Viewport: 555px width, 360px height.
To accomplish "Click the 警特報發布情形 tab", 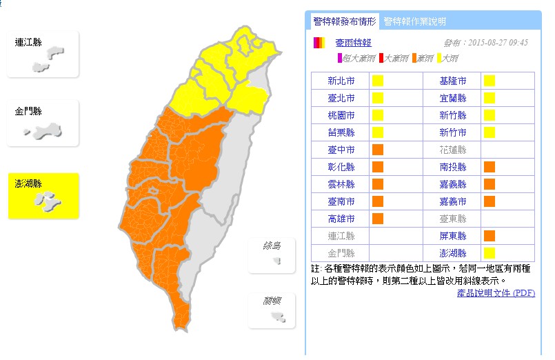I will [343, 21].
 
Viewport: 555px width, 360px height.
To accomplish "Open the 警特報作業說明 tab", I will [414, 21].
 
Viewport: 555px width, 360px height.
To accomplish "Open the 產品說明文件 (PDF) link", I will [496, 293].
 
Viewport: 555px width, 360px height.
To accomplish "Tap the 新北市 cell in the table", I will [341, 81].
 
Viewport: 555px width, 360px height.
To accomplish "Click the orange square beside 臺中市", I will [378, 150].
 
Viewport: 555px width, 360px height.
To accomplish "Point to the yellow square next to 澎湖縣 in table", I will [490, 253].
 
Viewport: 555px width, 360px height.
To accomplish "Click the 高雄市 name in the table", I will [341, 219].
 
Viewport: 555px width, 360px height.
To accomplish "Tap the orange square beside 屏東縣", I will [490, 236].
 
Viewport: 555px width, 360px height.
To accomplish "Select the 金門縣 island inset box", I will [43, 123].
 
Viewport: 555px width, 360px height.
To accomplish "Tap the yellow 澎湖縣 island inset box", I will [43, 196].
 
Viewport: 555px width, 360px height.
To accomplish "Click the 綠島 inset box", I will [272, 254].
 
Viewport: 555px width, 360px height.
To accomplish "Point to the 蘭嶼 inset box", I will [272, 310].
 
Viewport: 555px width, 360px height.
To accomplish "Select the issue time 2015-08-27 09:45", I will [485, 42].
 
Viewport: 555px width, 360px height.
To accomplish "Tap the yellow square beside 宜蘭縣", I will [490, 98].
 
